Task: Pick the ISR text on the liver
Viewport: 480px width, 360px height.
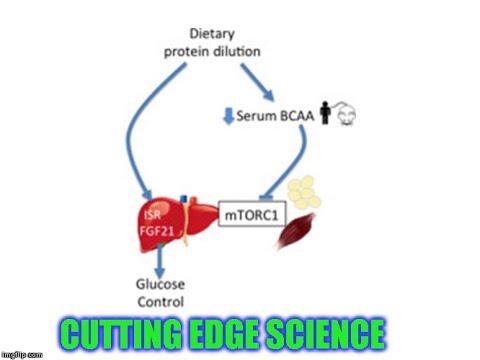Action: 153,212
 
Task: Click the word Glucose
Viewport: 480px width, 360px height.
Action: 159,284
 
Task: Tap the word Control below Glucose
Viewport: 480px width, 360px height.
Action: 159,300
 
